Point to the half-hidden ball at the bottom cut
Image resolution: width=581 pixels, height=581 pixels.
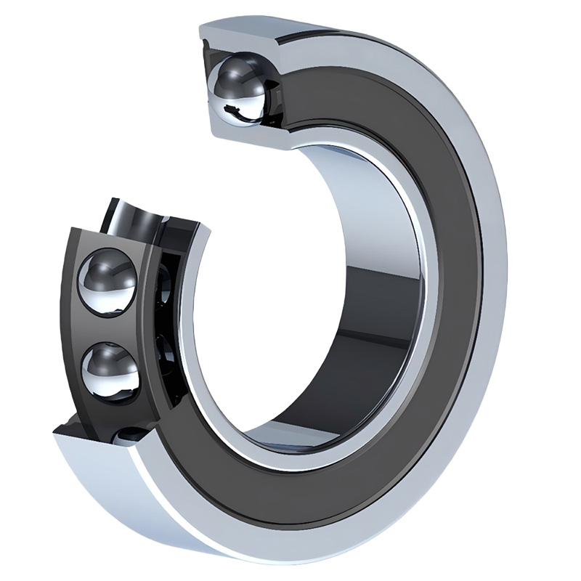point(131,435)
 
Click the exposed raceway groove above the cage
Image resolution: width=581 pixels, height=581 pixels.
point(138,214)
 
